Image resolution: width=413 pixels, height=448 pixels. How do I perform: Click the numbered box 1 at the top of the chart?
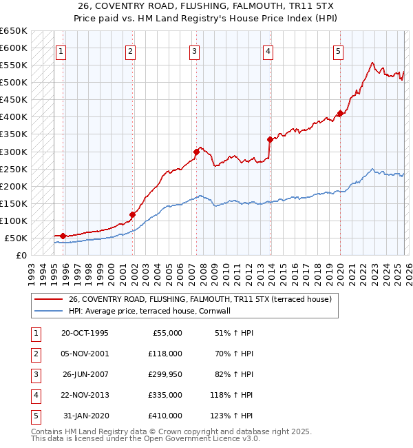click(x=61, y=50)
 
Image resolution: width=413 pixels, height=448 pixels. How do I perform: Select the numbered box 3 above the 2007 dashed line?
click(x=195, y=50)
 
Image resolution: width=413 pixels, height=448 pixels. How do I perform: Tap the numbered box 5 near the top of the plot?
click(x=339, y=50)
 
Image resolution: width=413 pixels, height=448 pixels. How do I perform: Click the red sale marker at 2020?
click(x=340, y=114)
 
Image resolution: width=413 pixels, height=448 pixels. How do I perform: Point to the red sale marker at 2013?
click(x=270, y=139)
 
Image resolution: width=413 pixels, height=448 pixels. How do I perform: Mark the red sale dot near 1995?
click(x=63, y=236)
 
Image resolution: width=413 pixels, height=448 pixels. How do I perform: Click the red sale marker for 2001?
click(x=132, y=214)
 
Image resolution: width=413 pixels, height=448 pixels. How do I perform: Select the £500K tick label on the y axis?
click(x=14, y=83)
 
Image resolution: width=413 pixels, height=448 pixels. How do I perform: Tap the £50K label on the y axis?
click(x=16, y=238)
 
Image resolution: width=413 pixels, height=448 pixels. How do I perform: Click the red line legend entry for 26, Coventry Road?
click(x=200, y=299)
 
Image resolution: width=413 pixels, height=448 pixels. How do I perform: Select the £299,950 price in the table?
click(x=165, y=374)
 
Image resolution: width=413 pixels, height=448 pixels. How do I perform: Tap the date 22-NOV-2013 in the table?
click(x=85, y=395)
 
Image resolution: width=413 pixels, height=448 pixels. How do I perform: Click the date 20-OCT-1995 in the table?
click(x=85, y=333)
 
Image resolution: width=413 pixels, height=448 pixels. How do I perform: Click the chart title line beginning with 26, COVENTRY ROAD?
click(x=206, y=6)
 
